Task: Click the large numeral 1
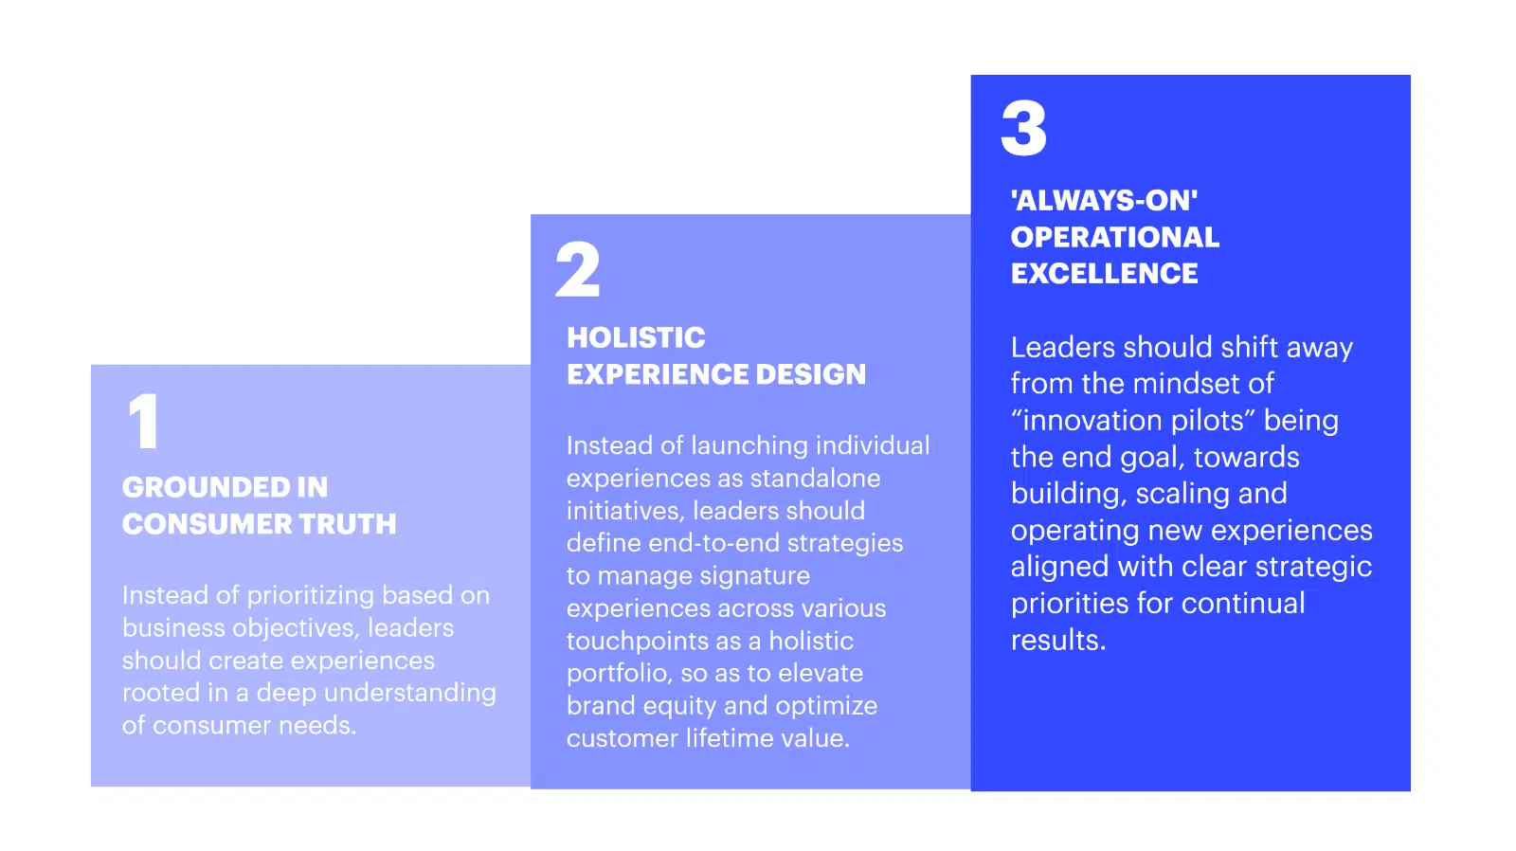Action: click(143, 421)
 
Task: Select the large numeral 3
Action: click(1023, 128)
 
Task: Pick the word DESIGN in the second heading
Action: click(811, 374)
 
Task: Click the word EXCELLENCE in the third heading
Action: click(1105, 274)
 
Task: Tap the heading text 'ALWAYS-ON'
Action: click(1104, 200)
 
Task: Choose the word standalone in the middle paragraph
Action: click(816, 478)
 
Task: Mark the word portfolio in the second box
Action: click(620, 674)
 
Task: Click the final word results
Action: click(1058, 640)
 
